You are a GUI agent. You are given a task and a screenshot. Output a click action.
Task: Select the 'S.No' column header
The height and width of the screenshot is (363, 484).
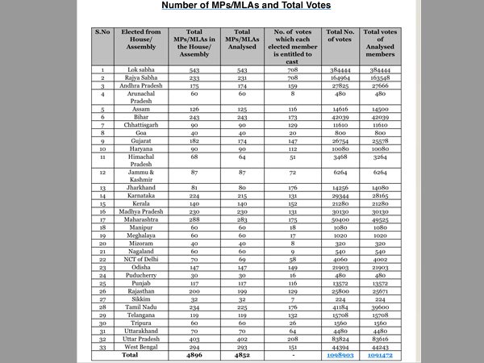102,33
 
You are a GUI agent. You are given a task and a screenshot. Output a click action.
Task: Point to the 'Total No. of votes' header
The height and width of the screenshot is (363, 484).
338,38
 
